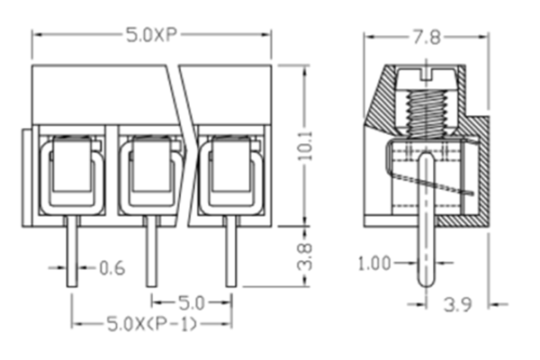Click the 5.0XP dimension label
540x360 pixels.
tap(150, 37)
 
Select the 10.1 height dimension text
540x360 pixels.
tap(305, 144)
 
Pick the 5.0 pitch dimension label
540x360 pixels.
tap(190, 301)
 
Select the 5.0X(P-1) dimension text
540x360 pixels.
tap(151, 322)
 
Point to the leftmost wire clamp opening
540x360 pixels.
tap(71, 171)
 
